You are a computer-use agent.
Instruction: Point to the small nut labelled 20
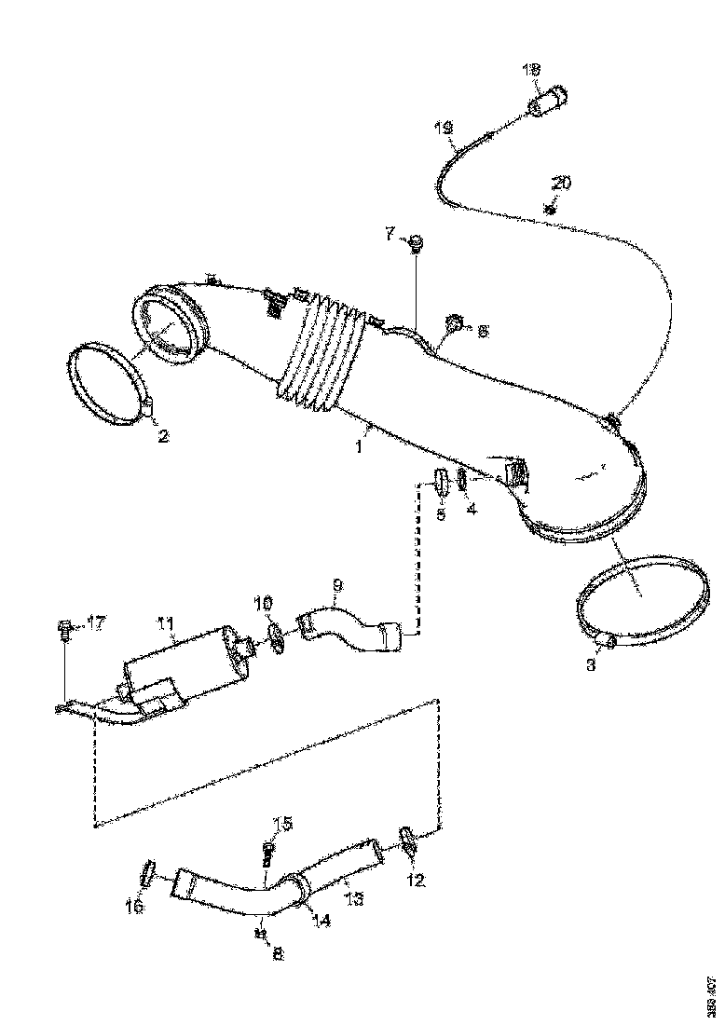point(550,208)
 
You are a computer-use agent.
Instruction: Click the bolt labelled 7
point(417,244)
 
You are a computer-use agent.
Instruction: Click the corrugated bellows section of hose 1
point(317,354)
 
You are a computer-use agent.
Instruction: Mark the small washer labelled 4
point(463,484)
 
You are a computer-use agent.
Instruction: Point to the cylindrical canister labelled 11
point(186,666)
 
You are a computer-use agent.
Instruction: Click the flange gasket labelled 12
point(407,840)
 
